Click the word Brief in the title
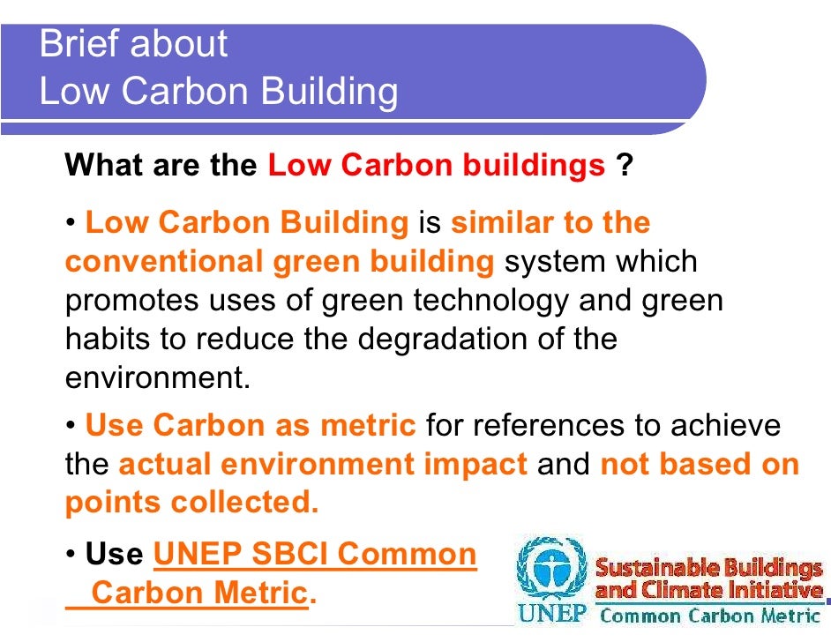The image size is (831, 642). [75, 43]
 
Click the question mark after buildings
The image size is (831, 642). [625, 165]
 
